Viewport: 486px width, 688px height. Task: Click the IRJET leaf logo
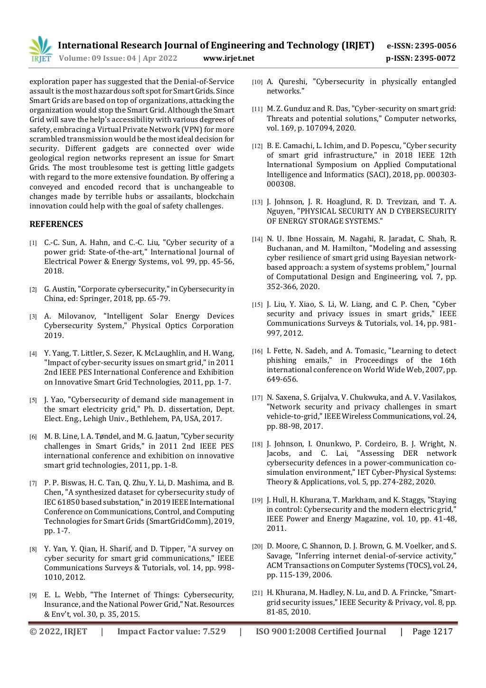40,49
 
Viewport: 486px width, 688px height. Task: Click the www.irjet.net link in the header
228,58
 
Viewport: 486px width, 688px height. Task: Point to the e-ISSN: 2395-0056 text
421,46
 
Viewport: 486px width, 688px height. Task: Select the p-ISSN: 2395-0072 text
421,58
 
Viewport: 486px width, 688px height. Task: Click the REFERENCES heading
56,224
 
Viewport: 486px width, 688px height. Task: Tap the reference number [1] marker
33,243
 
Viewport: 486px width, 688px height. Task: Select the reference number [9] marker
33,595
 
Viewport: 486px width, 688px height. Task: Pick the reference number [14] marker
257,239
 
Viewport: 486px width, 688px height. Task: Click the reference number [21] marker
257,593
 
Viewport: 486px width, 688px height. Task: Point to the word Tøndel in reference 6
108,436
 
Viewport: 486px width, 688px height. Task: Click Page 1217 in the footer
432,631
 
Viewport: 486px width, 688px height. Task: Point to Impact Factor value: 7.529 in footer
171,631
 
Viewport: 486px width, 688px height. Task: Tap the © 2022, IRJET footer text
58,631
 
